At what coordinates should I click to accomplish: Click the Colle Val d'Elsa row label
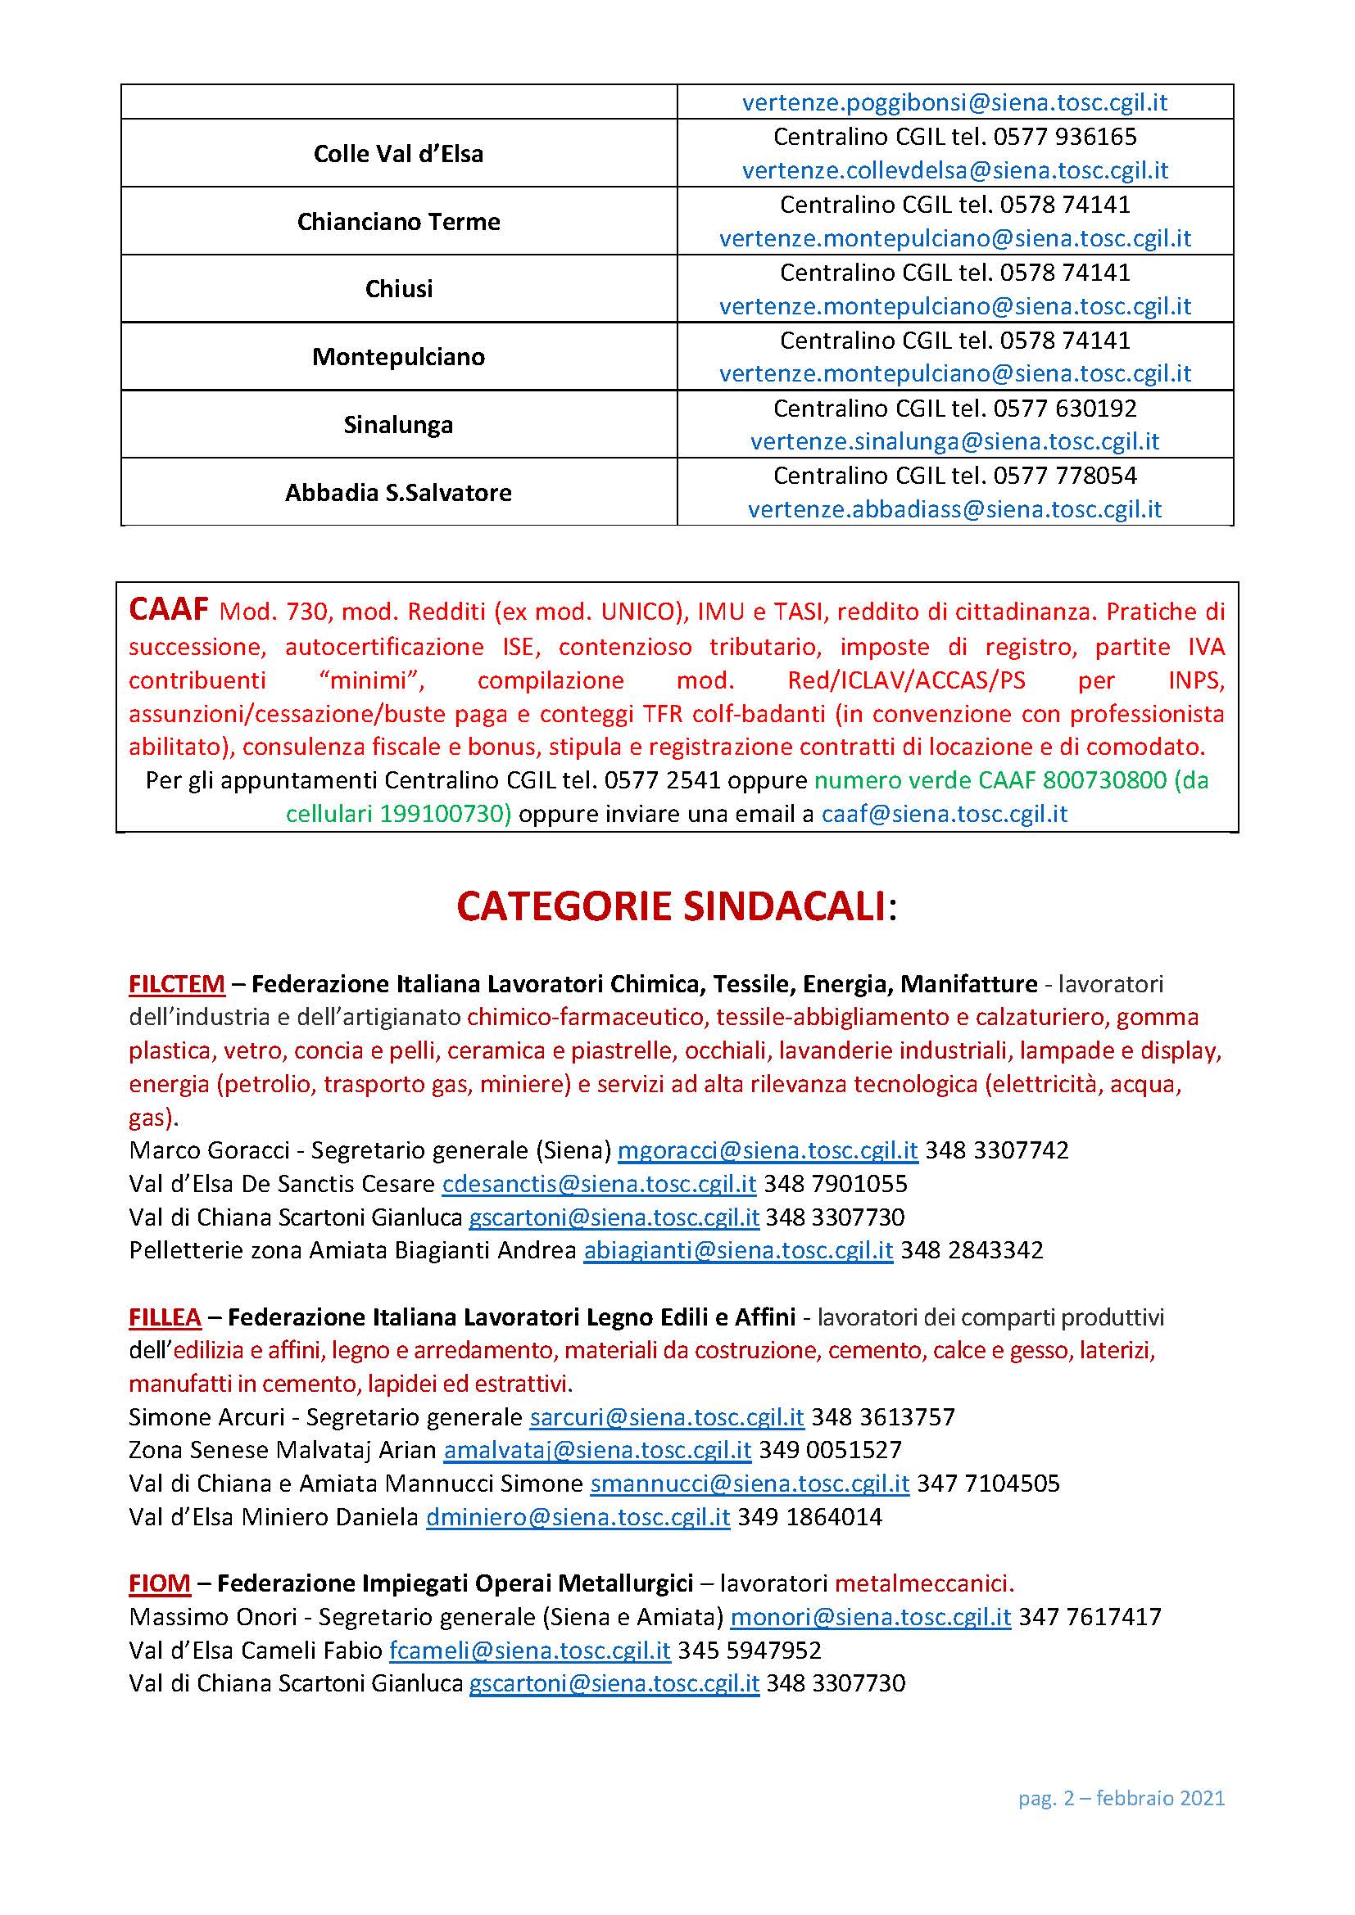398,153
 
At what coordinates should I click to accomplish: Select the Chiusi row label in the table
399,288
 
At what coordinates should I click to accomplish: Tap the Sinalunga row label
398,425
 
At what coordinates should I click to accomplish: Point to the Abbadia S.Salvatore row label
398,493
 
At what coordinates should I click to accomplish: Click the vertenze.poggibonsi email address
954,102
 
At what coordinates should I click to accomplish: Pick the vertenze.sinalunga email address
954,441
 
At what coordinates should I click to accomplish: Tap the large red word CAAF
168,610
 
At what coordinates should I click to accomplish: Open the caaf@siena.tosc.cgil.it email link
945,813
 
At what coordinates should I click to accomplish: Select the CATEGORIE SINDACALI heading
677,906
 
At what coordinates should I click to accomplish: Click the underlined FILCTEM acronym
177,984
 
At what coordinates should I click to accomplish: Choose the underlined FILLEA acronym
165,1317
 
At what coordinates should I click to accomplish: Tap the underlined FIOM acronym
160,1583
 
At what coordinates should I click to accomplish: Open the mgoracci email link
768,1150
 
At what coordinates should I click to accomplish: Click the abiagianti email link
738,1250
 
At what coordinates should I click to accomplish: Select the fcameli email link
530,1650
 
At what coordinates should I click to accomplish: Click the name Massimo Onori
213,1616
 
